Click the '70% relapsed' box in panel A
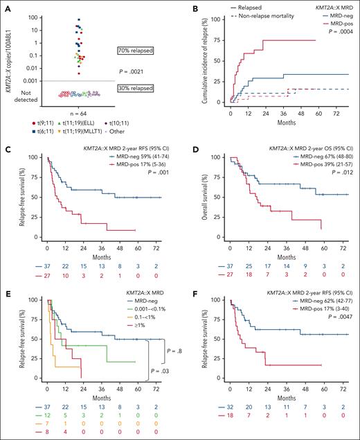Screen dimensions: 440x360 click(x=135, y=51)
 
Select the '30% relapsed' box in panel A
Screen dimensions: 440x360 click(x=135, y=86)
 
